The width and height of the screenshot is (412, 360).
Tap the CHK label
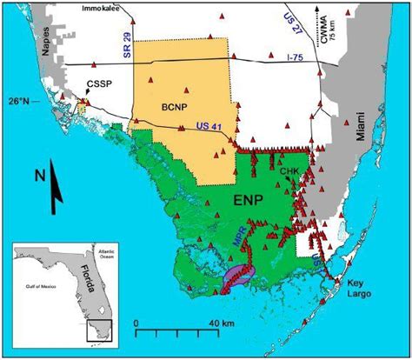[289, 171]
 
